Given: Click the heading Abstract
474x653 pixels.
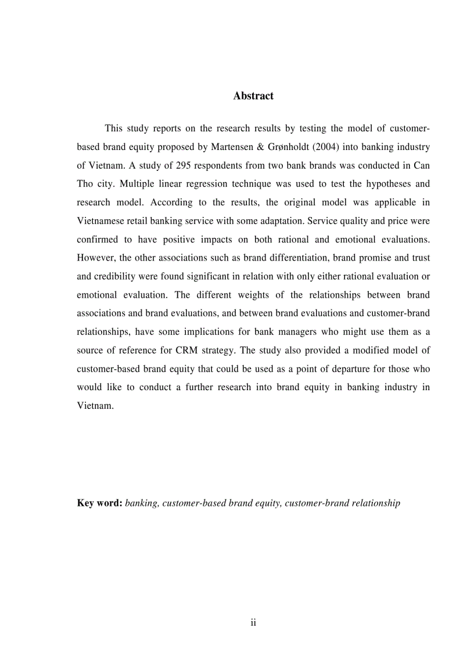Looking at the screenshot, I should (253, 96).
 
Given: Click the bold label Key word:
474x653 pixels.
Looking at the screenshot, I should (99, 503).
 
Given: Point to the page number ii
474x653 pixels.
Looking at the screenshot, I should (253, 623).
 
